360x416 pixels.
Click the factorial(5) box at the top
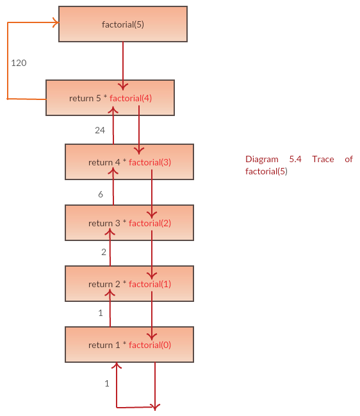tap(123, 24)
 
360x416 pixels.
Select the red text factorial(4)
tap(131, 99)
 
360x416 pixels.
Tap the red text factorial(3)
tap(150, 162)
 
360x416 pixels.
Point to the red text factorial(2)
tap(150, 224)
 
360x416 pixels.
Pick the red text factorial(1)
tap(150, 285)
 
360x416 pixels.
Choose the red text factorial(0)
tap(150, 345)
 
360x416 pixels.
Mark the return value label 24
tap(100, 130)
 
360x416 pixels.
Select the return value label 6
tap(101, 194)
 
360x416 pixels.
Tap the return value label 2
tap(104, 252)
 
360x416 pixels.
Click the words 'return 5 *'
tap(88, 99)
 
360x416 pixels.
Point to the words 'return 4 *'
tap(108, 162)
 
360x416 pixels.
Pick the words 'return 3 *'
tap(108, 224)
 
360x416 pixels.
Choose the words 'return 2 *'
tap(108, 285)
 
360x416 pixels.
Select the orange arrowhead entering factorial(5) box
tap(56, 22)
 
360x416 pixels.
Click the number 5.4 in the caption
tap(295, 159)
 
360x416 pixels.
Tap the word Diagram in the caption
tap(262, 160)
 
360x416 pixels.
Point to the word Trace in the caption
tap(323, 159)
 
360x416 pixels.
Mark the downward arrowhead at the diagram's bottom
tap(155, 407)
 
